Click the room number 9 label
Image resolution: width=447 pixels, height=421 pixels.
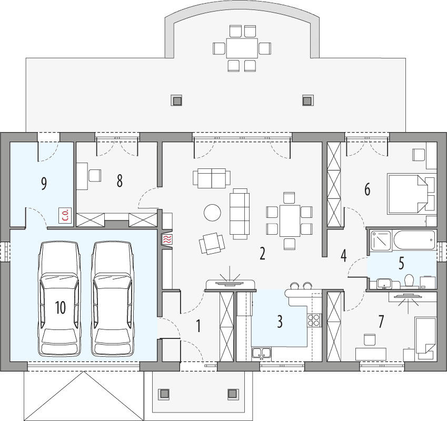(44, 183)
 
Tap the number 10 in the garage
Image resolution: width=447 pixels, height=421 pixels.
(60, 308)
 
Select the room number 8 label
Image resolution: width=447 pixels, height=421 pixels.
(120, 181)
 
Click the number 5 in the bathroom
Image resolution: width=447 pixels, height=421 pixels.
(401, 262)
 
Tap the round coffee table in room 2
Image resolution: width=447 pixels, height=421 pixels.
(213, 213)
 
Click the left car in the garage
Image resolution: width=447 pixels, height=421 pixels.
(59, 298)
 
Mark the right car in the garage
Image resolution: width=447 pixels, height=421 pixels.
(112, 298)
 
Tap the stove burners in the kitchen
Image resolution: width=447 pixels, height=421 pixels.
(314, 320)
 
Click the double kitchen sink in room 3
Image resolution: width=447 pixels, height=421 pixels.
(261, 353)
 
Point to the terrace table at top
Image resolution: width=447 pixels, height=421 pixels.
(242, 48)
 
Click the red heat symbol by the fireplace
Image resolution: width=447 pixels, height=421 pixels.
(167, 239)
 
